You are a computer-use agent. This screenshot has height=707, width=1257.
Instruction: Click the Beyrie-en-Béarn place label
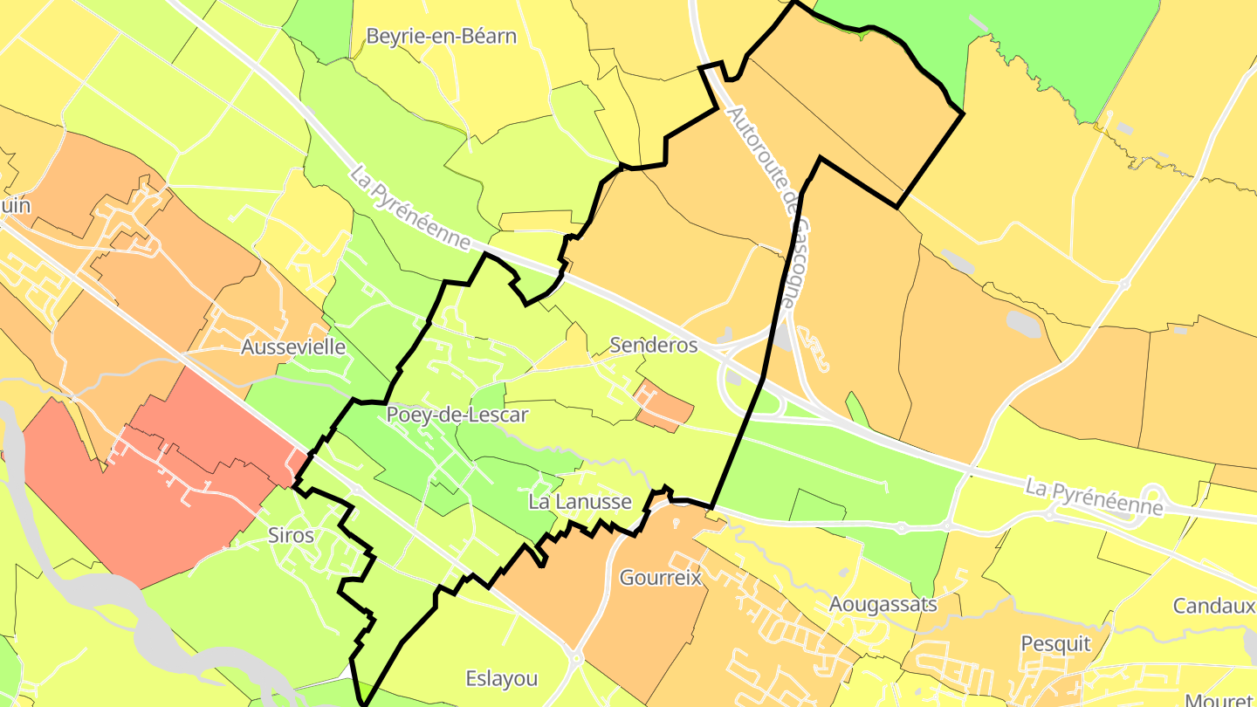[441, 37]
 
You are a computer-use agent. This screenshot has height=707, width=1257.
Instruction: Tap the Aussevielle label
[293, 347]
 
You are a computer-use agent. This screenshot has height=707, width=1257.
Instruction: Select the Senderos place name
[654, 345]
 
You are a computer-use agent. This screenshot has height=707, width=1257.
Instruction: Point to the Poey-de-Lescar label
[457, 414]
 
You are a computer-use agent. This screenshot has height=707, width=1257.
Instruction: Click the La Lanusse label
[580, 502]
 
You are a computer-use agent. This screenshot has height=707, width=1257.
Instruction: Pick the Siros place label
[292, 535]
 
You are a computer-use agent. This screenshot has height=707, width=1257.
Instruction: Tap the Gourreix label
[661, 578]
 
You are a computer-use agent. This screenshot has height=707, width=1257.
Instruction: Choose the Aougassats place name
[883, 604]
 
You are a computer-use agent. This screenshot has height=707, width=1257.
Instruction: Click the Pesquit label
[1055, 644]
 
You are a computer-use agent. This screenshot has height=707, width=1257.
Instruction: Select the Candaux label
[1214, 606]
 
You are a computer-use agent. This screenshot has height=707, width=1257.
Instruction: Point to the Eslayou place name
[501, 678]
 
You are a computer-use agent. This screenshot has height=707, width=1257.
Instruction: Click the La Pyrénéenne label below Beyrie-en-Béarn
[410, 207]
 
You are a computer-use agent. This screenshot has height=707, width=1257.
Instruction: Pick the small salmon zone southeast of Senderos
[664, 407]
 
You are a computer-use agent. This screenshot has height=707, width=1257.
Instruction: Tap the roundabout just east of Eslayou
[575, 656]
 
